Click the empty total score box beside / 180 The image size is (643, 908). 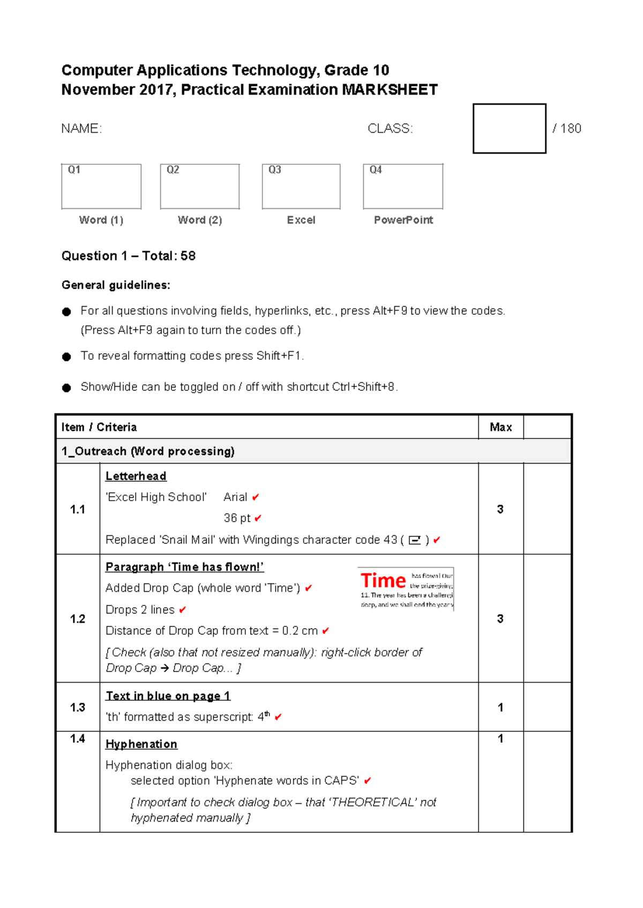click(x=509, y=128)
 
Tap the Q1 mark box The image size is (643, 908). click(x=101, y=186)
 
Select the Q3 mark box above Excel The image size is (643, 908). click(x=301, y=186)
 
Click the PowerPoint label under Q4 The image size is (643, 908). click(x=403, y=220)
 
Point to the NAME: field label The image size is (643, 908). click(x=81, y=128)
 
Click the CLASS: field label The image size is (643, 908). click(x=390, y=128)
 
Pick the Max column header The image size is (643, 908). click(x=500, y=427)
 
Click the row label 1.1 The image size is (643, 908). click(x=78, y=509)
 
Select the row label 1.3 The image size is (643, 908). click(x=78, y=707)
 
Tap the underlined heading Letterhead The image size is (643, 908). click(x=136, y=476)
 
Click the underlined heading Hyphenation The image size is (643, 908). click(x=141, y=744)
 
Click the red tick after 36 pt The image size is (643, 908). click(x=258, y=518)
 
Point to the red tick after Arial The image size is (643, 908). click(x=256, y=497)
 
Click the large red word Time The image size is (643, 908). click(x=383, y=581)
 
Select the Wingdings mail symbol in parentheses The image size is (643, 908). click(x=415, y=540)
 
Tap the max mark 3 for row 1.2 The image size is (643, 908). click(x=500, y=619)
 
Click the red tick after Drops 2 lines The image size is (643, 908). click(x=182, y=610)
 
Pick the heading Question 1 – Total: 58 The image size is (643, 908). click(x=129, y=256)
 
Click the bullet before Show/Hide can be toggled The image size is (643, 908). click(x=66, y=388)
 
